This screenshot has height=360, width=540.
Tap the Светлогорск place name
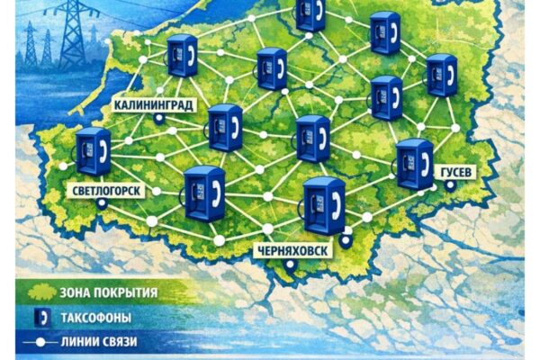105,191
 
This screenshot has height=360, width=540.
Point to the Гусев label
454,172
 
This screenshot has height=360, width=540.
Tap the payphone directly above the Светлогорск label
93,150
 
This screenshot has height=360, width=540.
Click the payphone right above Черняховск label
323,205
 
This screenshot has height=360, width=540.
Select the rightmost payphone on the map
441,75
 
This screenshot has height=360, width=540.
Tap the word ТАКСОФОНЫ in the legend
96,318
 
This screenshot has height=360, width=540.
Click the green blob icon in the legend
39,292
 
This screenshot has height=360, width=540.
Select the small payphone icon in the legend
39,318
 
